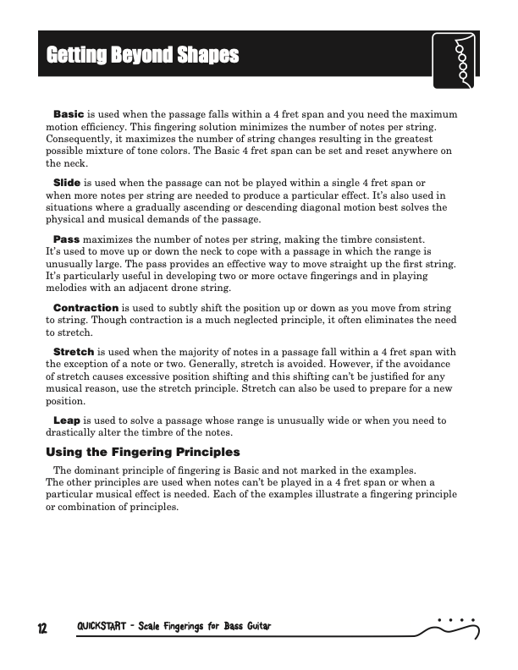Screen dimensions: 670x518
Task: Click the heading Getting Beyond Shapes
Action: coord(143,57)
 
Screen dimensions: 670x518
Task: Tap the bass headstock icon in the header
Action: coord(455,60)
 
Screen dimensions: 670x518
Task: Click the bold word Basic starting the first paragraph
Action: coord(68,113)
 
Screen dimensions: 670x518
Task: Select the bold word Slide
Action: coord(67,183)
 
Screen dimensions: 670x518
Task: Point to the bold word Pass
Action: coord(66,240)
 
